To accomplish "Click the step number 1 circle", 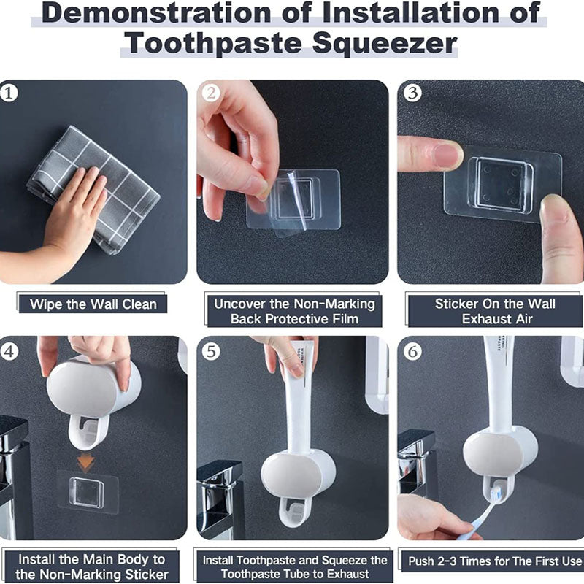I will point(9,93).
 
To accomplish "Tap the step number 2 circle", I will point(211,93).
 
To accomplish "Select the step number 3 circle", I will point(412,93).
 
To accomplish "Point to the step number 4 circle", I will point(9,351).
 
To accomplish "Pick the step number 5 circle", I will point(211,351).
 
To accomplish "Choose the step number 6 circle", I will point(412,351).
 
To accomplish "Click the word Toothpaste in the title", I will point(207,43).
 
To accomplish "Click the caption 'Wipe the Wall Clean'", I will point(93,304).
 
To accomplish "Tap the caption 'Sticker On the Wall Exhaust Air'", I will point(495,311).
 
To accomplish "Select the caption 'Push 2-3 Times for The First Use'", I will point(495,561).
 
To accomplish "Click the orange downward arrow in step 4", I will point(86,461).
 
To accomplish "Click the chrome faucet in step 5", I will point(219,496).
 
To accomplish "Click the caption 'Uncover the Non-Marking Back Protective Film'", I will point(294,311).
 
